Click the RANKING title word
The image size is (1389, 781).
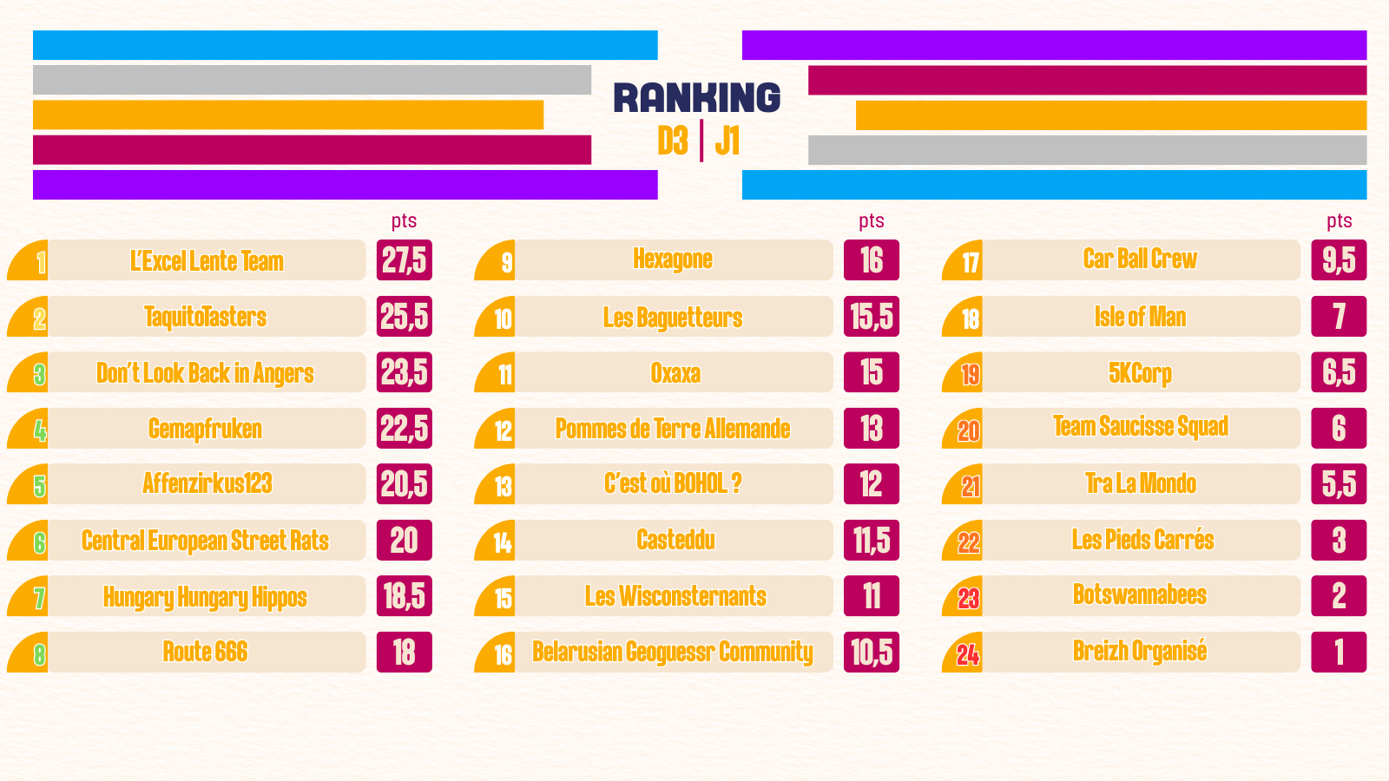point(696,97)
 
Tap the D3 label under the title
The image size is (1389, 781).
point(673,141)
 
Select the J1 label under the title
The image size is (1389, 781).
point(727,141)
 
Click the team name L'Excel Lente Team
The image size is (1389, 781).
point(207,260)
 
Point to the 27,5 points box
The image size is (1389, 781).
point(405,260)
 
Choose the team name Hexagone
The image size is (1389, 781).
point(673,259)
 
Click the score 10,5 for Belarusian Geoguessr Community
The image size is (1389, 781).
point(872,653)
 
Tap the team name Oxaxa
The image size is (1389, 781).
point(675,373)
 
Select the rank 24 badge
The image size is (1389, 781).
point(967,654)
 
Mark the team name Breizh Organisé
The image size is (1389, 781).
point(1140,652)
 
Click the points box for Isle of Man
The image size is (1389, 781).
point(1339,317)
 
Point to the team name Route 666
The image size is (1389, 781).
point(206,652)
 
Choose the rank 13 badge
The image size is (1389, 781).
point(503,486)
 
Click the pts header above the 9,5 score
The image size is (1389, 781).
point(1339,221)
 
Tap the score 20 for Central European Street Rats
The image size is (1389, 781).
point(405,541)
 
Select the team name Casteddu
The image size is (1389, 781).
point(675,540)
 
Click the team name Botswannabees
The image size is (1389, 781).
point(1140,595)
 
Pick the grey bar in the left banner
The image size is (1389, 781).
point(312,80)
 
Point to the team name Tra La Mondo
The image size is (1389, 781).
point(1140,483)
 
